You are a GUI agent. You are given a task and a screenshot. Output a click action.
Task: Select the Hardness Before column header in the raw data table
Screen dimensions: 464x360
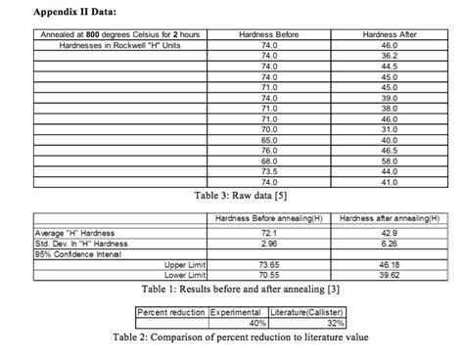(270, 34)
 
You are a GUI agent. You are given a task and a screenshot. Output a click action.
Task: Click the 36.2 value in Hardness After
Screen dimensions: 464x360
(390, 56)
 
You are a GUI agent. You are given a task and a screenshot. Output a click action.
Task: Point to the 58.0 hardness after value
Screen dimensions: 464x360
(390, 160)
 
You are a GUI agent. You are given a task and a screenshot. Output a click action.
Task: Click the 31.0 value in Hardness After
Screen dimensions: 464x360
(390, 129)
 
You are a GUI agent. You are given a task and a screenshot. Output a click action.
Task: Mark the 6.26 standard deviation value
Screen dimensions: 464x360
(390, 243)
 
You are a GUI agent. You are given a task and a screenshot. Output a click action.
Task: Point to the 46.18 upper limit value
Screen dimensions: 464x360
(390, 264)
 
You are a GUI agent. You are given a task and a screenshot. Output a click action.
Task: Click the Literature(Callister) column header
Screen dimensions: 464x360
(308, 311)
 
